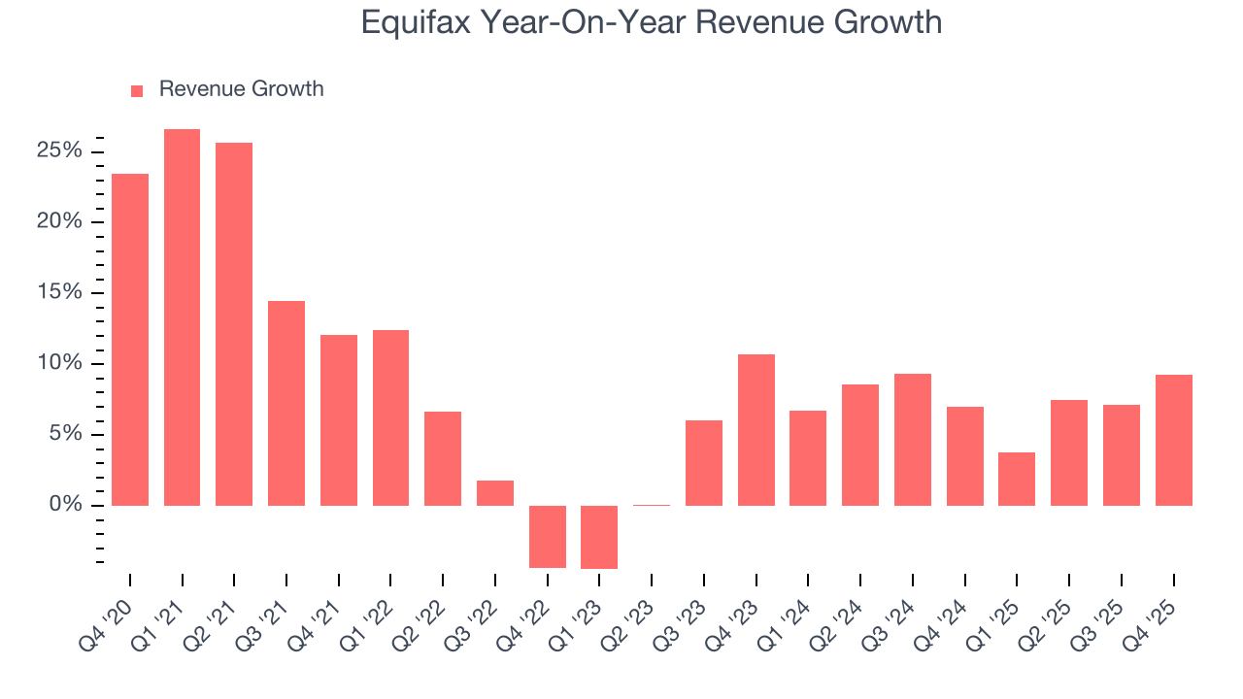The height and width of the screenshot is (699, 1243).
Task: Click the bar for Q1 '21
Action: [182, 317]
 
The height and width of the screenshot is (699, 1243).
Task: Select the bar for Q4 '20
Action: [130, 340]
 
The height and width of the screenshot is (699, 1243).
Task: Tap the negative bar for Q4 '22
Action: [547, 536]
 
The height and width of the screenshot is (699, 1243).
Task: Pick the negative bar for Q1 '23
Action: [599, 537]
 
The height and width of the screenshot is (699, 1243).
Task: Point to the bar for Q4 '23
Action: [756, 430]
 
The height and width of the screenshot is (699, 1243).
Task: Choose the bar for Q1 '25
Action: [1017, 479]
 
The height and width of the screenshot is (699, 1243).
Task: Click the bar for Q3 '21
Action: [286, 403]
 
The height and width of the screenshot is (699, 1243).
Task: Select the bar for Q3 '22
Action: [495, 493]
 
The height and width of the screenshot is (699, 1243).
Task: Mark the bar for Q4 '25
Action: [1173, 440]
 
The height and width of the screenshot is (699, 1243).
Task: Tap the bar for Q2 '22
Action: [443, 458]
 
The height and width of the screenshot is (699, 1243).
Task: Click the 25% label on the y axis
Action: [59, 151]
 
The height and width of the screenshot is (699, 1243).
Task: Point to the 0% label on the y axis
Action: [65, 505]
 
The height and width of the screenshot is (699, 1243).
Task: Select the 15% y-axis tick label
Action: [59, 293]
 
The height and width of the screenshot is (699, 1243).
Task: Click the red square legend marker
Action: [137, 90]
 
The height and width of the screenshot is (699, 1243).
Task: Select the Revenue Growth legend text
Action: [241, 89]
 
